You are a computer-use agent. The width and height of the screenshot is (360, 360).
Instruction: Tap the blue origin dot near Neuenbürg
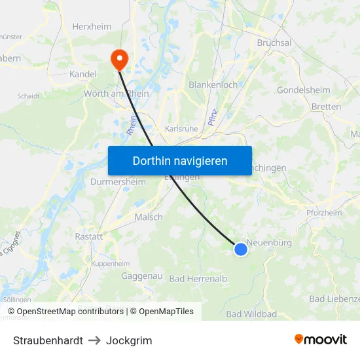[241, 249]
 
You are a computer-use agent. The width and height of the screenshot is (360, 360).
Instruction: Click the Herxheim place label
[92, 27]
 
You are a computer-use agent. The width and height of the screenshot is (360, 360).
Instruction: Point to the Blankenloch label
[213, 85]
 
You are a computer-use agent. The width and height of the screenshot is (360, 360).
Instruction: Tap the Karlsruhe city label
[181, 129]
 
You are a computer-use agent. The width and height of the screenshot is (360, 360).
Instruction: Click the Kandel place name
[83, 75]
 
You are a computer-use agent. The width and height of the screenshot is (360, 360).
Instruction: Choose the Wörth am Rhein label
[116, 94]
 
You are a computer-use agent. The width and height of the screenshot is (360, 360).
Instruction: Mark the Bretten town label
[326, 107]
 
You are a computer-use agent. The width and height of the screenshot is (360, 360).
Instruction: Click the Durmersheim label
[118, 181]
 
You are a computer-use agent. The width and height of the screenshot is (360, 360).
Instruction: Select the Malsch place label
[149, 217]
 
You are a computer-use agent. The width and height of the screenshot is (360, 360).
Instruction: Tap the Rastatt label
[89, 236]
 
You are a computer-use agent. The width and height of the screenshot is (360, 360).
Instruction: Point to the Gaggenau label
[141, 276]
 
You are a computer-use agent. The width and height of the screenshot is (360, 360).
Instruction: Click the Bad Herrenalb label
[198, 279]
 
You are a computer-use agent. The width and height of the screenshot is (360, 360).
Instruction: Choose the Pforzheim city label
[324, 213]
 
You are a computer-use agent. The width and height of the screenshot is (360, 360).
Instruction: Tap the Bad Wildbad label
[251, 314]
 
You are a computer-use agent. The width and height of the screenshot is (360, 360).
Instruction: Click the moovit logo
[321, 340]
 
